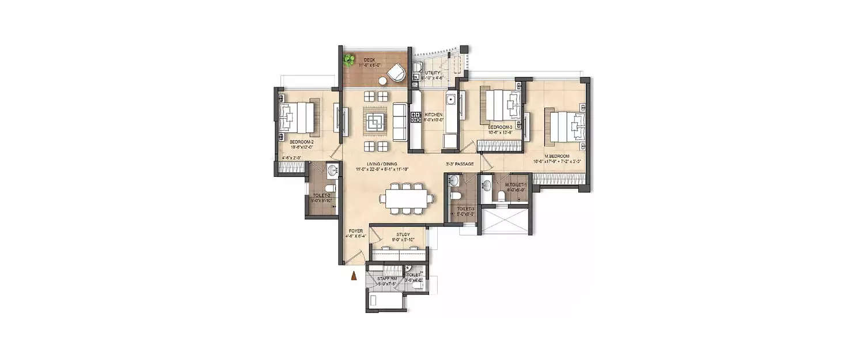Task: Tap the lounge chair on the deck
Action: click(396, 73)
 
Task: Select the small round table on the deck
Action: click(382, 81)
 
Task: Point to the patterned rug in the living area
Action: click(376, 122)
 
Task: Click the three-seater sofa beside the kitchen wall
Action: click(400, 122)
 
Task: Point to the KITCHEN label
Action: click(433, 115)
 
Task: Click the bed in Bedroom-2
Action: click(298, 118)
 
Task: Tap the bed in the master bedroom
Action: click(567, 126)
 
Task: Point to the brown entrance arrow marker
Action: click(354, 277)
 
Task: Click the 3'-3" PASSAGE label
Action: click(460, 164)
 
